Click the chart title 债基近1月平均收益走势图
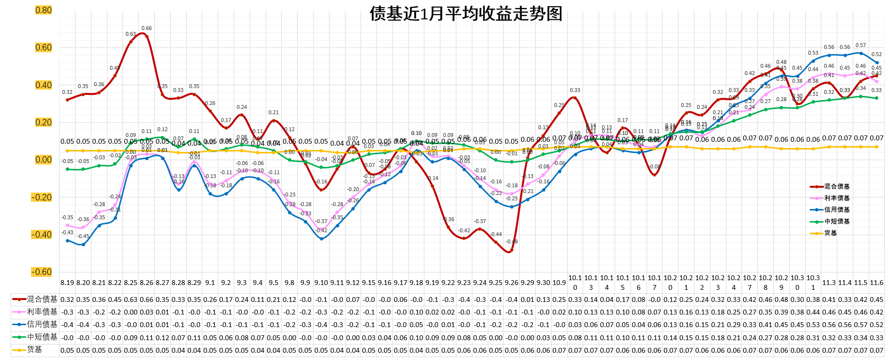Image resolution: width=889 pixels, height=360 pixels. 466,14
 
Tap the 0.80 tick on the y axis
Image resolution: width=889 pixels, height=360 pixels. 43,10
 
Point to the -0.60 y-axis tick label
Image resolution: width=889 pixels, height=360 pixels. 42,272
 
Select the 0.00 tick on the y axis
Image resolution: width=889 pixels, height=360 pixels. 43,160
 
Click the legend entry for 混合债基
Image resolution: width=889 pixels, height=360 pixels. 837,186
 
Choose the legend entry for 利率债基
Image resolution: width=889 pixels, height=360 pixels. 837,198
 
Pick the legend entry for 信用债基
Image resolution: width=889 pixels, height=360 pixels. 837,210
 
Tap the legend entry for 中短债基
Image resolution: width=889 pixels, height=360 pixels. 837,221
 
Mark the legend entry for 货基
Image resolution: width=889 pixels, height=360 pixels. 830,233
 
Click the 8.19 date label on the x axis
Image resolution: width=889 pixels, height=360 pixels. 67,283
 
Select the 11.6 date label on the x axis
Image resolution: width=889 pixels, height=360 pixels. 876,283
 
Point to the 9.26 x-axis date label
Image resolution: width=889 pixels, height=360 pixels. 512,283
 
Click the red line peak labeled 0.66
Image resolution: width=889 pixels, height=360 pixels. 147,36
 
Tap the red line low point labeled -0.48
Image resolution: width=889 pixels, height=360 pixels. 512,250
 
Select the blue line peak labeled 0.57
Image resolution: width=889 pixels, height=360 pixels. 860,53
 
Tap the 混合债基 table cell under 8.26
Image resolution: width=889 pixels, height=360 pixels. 147,300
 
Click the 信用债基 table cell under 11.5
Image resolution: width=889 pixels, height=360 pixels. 860,325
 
